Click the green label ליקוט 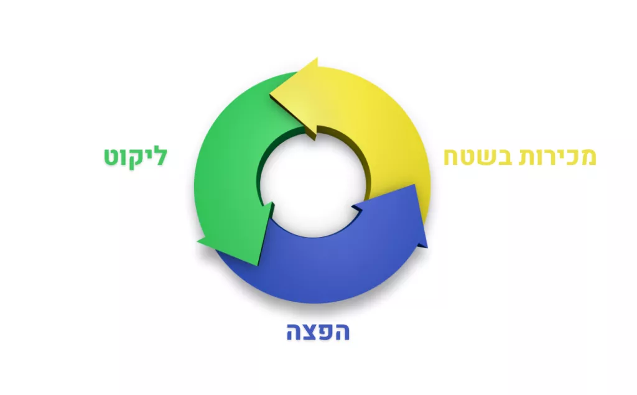(136, 157)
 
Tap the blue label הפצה (318, 332)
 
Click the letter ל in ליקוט (161, 156)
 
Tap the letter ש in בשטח (485, 157)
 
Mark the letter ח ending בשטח (450, 157)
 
